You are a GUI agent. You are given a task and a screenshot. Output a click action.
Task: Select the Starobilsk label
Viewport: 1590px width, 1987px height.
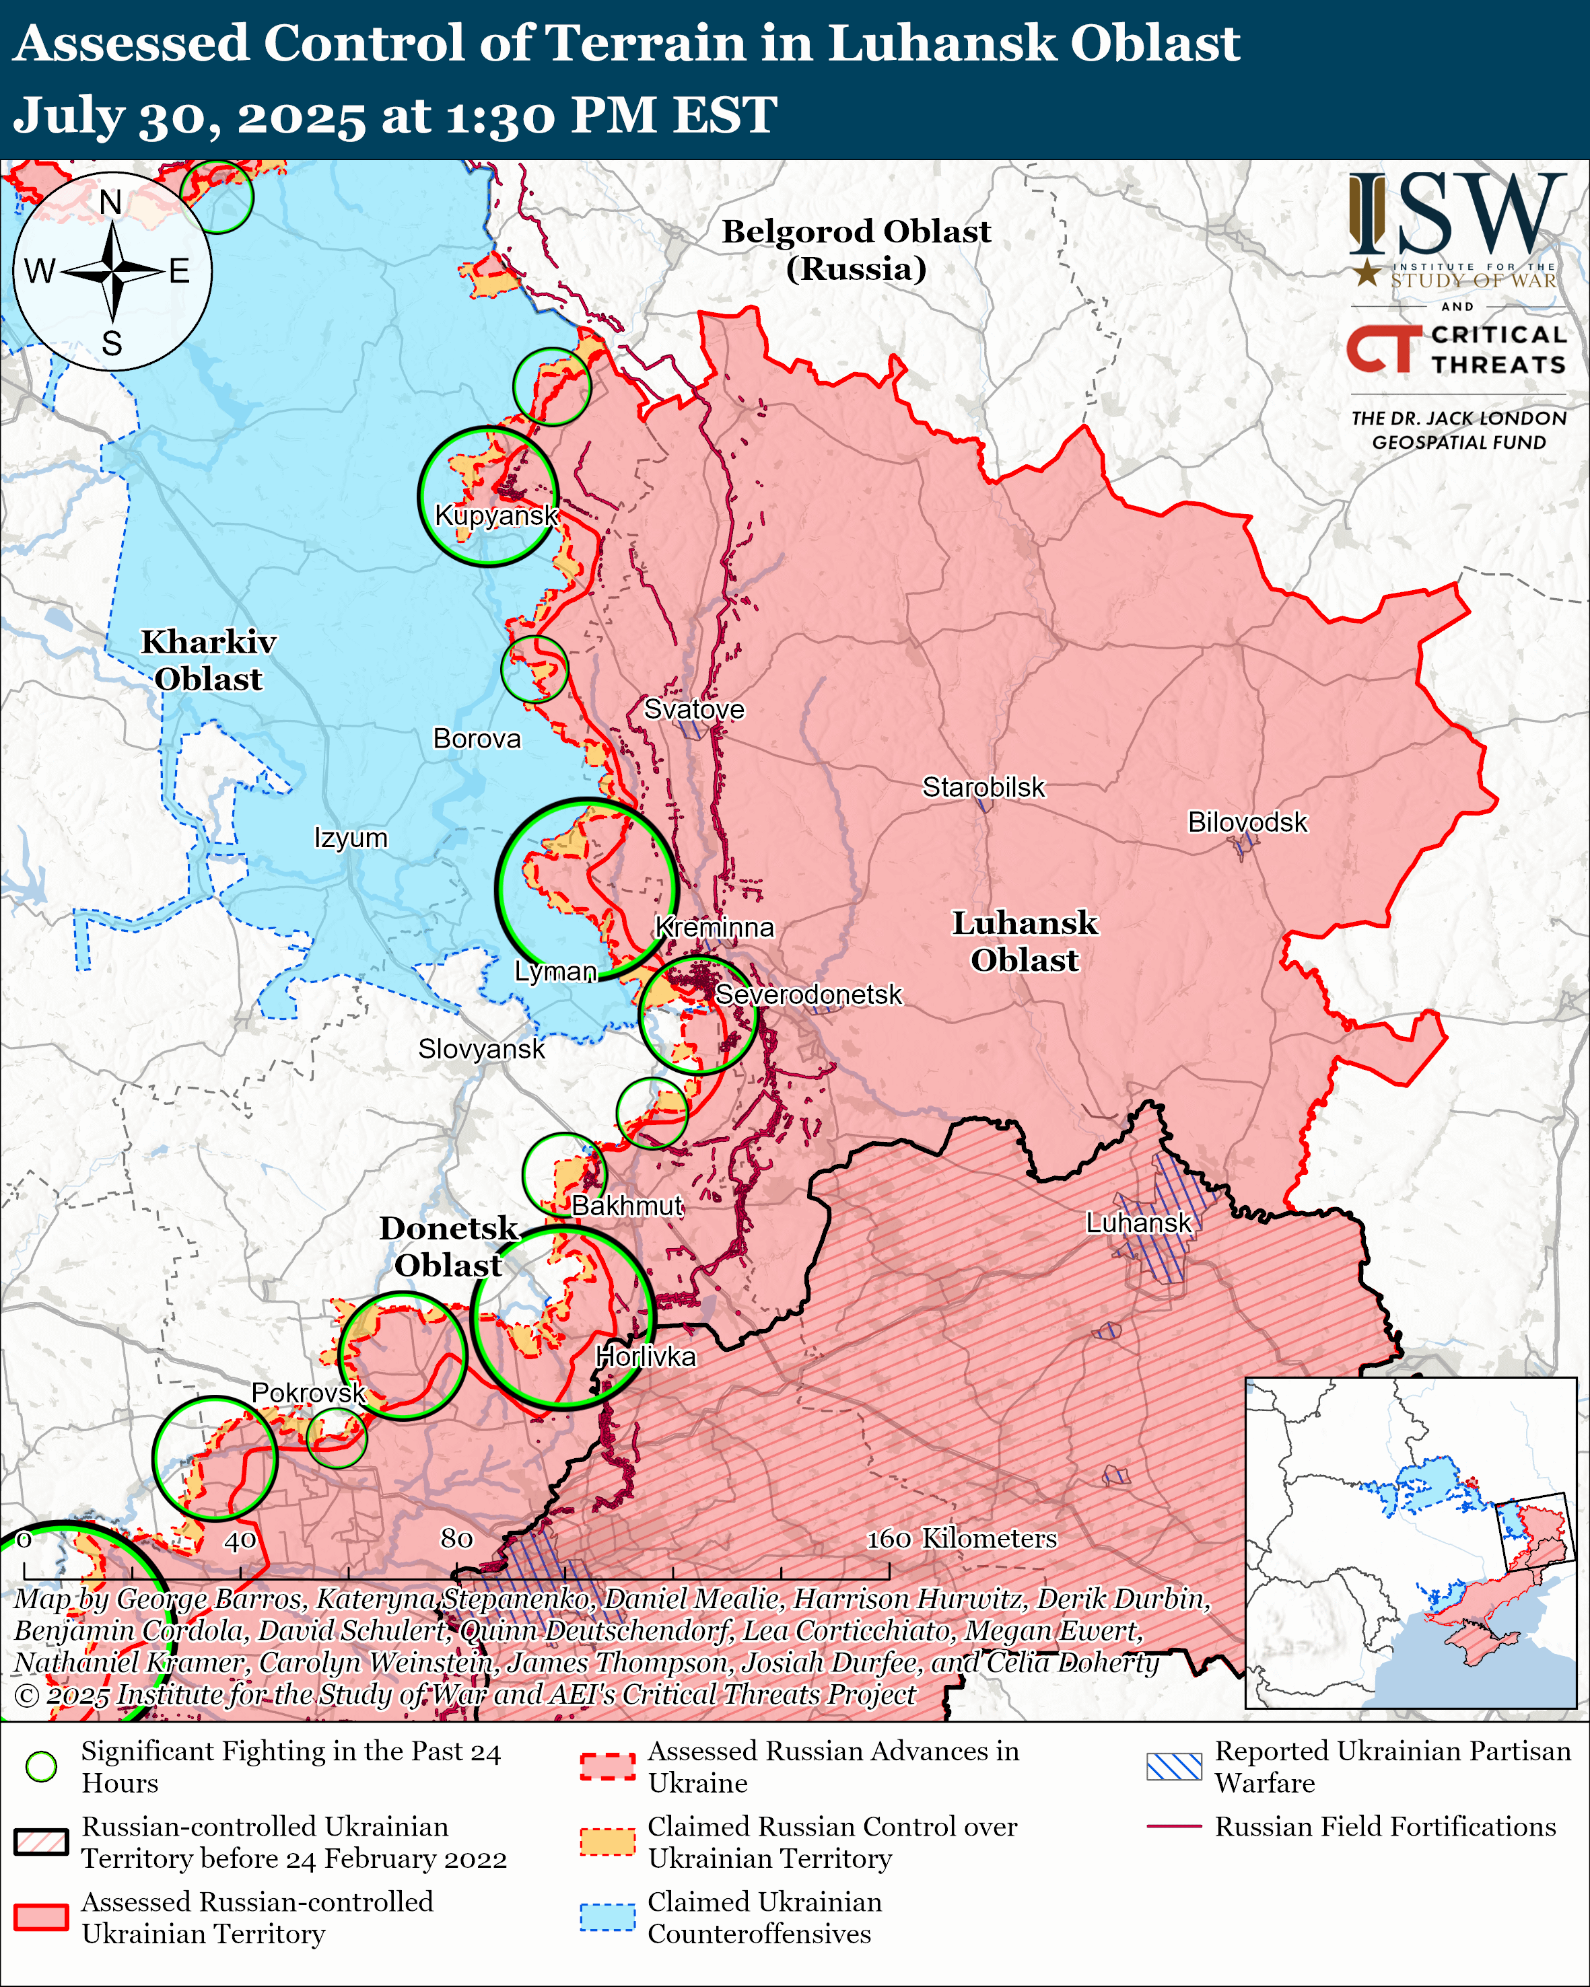point(983,787)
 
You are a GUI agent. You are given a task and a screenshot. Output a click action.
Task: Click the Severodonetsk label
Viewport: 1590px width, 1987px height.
point(808,995)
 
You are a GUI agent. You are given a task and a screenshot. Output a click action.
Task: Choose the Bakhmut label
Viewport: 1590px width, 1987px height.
point(627,1206)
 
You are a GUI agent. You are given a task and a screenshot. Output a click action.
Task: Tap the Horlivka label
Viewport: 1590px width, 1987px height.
point(645,1357)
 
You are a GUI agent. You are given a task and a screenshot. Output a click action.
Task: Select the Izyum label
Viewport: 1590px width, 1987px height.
point(350,838)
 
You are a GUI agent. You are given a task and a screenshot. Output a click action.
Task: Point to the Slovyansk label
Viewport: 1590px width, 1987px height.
point(481,1049)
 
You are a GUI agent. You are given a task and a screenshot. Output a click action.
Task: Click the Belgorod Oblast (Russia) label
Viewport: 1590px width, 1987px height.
point(856,250)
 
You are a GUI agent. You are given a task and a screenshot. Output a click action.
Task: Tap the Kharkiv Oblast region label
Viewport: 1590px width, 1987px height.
point(208,660)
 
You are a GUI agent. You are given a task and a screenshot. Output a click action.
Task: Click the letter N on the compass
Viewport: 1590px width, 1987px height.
point(110,202)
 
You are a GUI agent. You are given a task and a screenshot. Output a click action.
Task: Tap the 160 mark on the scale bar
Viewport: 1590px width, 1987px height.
point(889,1538)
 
